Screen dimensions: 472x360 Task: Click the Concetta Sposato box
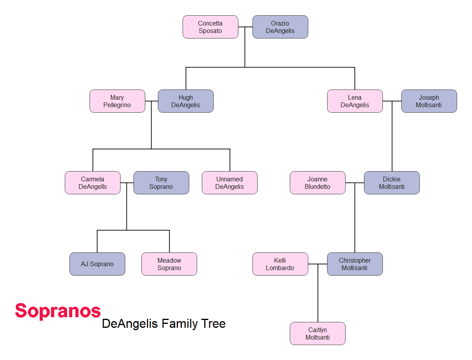[x=210, y=27]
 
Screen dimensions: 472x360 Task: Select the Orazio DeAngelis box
[x=280, y=27]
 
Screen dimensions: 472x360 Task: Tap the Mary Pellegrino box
[x=117, y=101]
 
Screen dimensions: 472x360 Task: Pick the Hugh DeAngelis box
[x=186, y=101]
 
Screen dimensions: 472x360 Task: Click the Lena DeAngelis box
[x=355, y=101]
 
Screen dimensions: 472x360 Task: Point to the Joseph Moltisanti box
[x=429, y=101]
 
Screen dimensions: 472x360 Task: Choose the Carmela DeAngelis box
[x=93, y=183]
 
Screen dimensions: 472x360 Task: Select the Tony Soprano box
[x=161, y=183]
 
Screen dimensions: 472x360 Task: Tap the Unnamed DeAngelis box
[x=230, y=183]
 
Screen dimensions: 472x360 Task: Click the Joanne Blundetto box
[x=318, y=183]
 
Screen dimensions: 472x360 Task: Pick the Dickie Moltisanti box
[x=392, y=183]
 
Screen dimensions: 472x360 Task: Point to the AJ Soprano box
[x=97, y=264]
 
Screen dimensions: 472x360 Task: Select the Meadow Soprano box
[x=169, y=264]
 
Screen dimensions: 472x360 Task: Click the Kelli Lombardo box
[x=280, y=264]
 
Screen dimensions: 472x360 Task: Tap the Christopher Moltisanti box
[x=355, y=264]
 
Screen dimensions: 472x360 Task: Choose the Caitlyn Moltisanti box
[x=318, y=333]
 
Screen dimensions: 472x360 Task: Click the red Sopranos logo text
[x=58, y=311]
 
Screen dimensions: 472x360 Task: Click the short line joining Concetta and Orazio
[x=245, y=27]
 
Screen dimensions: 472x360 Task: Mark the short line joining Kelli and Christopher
[x=318, y=264]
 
